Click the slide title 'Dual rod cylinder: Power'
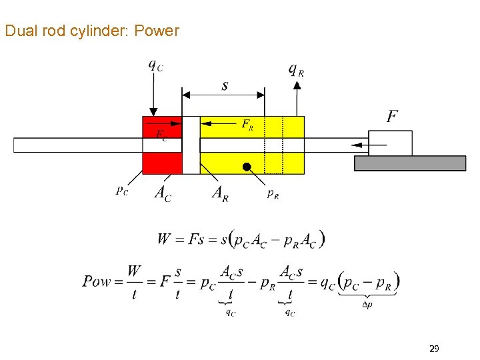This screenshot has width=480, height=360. tap(92, 31)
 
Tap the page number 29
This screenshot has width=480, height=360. tap(434, 348)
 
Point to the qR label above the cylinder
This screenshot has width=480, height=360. tap(296, 69)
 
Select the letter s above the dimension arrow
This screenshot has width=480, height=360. tap(224, 85)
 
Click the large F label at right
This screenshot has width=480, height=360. tap(393, 116)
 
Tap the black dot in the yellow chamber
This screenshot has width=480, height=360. tap(246, 167)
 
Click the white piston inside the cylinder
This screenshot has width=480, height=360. tap(191, 145)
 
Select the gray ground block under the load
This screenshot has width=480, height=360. tap(409, 163)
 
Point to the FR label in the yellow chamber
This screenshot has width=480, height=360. tap(247, 123)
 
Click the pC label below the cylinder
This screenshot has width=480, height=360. tap(121, 191)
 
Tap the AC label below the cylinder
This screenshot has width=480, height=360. tap(162, 193)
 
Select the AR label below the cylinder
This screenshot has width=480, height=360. tap(219, 193)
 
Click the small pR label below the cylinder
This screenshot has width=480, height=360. tap(273, 193)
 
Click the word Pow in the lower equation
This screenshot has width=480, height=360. tap(97, 281)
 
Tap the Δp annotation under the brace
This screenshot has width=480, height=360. tap(367, 305)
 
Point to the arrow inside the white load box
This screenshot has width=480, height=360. tap(360, 144)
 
